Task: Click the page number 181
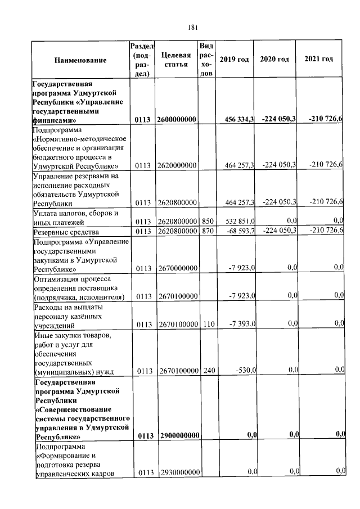(192, 27)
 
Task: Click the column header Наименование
(80, 60)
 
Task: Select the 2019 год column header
(234, 59)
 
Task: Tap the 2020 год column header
(274, 59)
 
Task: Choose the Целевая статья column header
(176, 59)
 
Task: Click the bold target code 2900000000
(177, 436)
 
